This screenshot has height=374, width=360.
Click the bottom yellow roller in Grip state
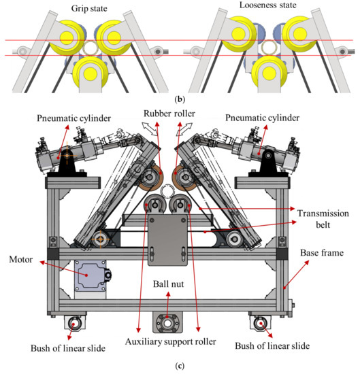91,71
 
